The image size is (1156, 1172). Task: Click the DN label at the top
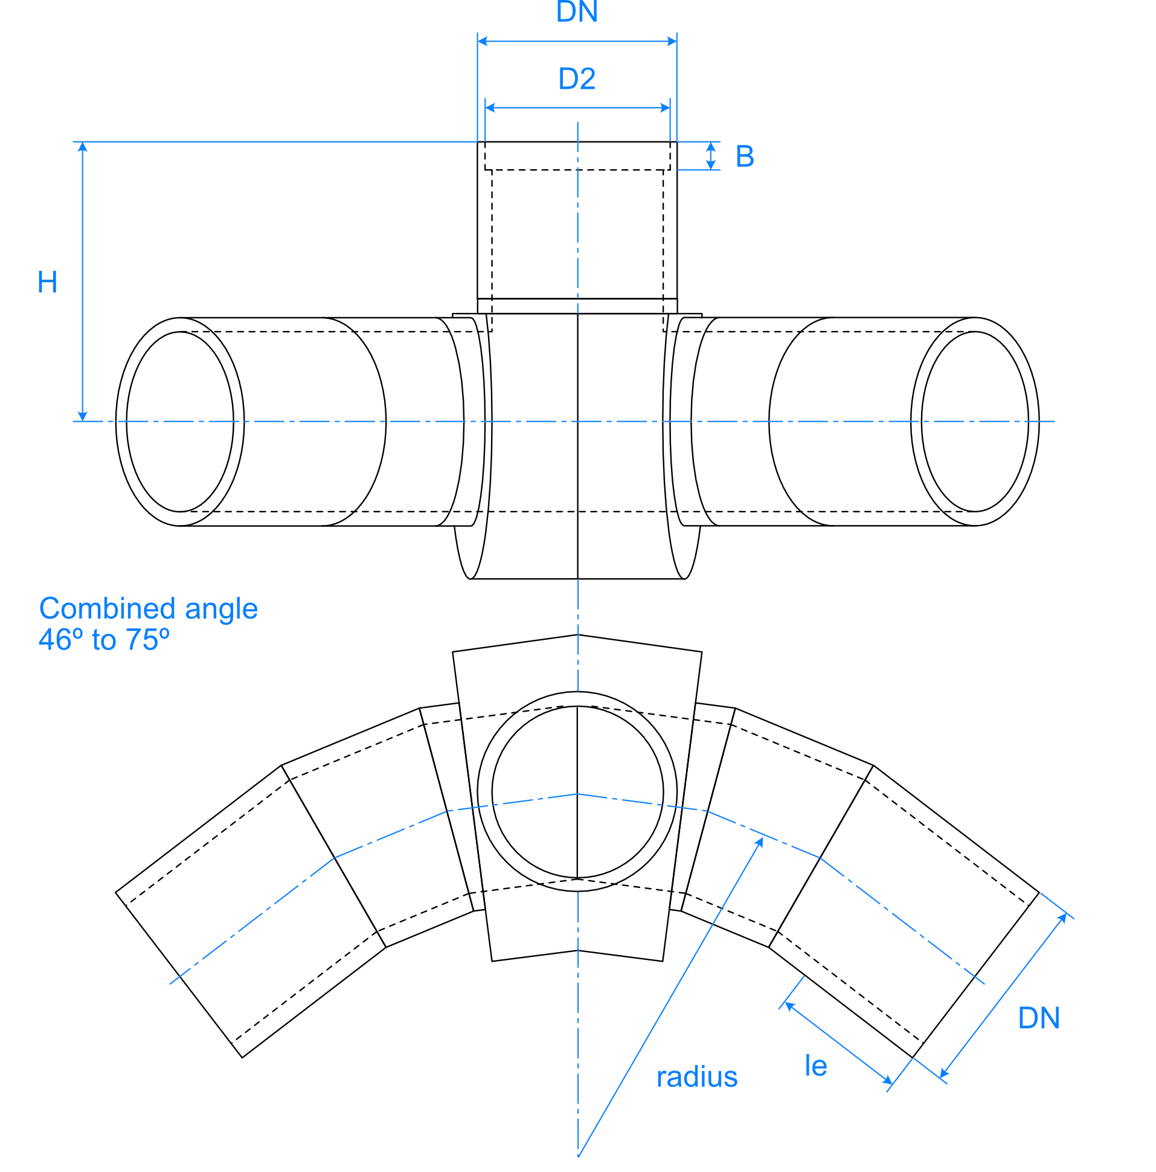click(x=576, y=12)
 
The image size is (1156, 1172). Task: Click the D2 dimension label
click(x=576, y=79)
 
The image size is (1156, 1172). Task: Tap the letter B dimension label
click(x=744, y=156)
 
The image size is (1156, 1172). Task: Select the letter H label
click(x=47, y=282)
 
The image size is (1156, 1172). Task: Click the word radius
click(x=696, y=1077)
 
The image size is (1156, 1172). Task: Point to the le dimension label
click(x=815, y=1066)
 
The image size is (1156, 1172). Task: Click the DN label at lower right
click(x=1038, y=1018)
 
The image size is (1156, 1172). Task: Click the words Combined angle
click(x=148, y=608)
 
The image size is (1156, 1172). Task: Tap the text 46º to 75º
click(x=104, y=639)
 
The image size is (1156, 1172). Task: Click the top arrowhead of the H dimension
click(x=83, y=146)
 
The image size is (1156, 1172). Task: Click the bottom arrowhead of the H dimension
click(x=83, y=416)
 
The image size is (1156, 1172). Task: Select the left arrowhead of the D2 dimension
click(x=490, y=108)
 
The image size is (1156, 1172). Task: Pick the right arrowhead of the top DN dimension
click(x=672, y=41)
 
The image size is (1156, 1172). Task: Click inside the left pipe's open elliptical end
click(x=180, y=422)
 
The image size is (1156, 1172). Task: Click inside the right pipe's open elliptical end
click(x=974, y=422)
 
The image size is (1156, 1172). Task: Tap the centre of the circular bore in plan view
click(x=577, y=792)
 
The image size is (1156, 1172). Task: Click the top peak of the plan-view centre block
click(x=577, y=635)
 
